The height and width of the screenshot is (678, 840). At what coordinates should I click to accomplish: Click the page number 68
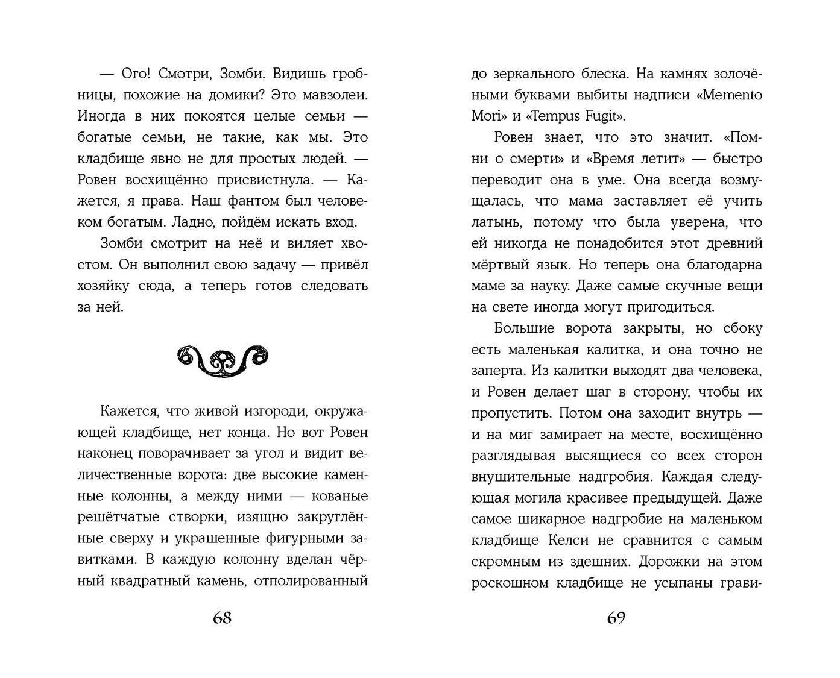click(x=222, y=618)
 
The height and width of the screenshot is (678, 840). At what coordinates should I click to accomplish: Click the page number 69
click(x=616, y=618)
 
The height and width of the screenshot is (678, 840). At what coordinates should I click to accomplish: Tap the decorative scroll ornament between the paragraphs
click(x=223, y=360)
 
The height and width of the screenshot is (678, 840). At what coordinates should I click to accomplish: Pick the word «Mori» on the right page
click(x=486, y=116)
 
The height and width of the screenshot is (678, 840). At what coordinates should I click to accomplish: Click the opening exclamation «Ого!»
click(x=131, y=74)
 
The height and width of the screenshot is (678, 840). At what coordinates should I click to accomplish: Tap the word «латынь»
click(x=497, y=222)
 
